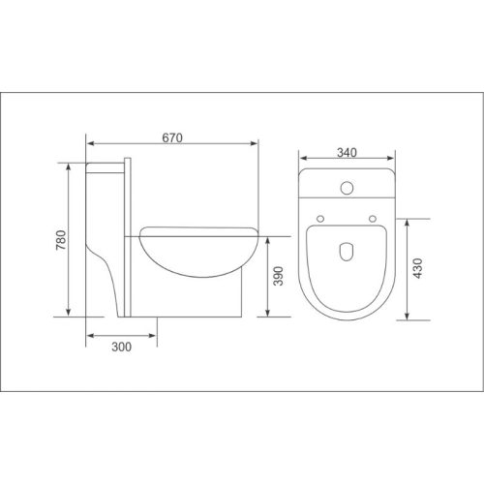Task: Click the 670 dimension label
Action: [x=172, y=137]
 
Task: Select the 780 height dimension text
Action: [x=61, y=239]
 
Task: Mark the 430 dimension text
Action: [x=418, y=268]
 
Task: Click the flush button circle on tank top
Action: [x=346, y=185]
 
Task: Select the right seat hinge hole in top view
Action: [x=372, y=219]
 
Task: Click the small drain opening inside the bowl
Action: [x=346, y=254]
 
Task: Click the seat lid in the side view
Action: [x=198, y=230]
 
